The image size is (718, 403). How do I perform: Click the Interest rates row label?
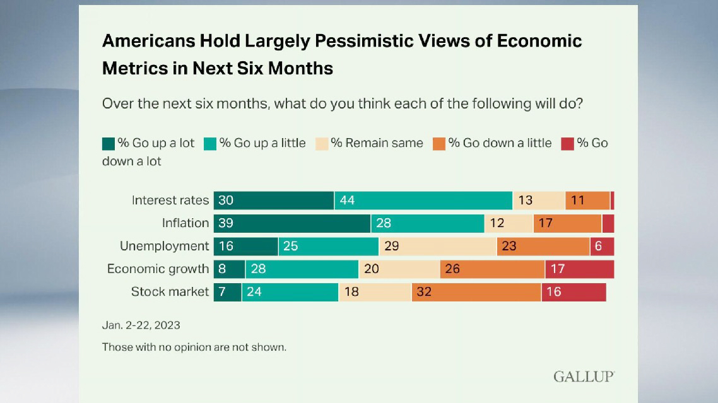click(170, 201)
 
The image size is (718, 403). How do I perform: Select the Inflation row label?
click(185, 223)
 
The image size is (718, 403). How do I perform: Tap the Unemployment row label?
click(164, 246)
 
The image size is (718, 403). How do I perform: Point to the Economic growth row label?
click(158, 269)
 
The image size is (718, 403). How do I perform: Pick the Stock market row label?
click(170, 291)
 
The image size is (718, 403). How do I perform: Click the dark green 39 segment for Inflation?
click(291, 223)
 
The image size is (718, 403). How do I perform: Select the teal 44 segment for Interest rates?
click(423, 201)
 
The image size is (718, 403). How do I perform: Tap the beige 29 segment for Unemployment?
click(437, 246)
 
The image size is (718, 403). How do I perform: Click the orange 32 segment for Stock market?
click(476, 292)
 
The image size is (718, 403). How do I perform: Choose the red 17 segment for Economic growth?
click(579, 269)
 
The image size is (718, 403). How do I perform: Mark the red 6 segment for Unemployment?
click(602, 246)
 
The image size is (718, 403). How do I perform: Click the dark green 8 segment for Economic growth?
click(229, 269)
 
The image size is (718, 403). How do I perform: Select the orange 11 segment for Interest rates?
click(587, 201)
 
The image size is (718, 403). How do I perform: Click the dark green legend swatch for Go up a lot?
click(109, 144)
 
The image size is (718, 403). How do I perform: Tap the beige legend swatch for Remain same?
click(321, 144)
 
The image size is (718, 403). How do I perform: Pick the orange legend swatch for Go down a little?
click(438, 144)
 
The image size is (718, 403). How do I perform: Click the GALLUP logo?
click(584, 377)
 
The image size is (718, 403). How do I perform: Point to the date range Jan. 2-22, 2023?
click(141, 325)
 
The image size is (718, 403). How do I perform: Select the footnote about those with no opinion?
click(194, 347)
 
